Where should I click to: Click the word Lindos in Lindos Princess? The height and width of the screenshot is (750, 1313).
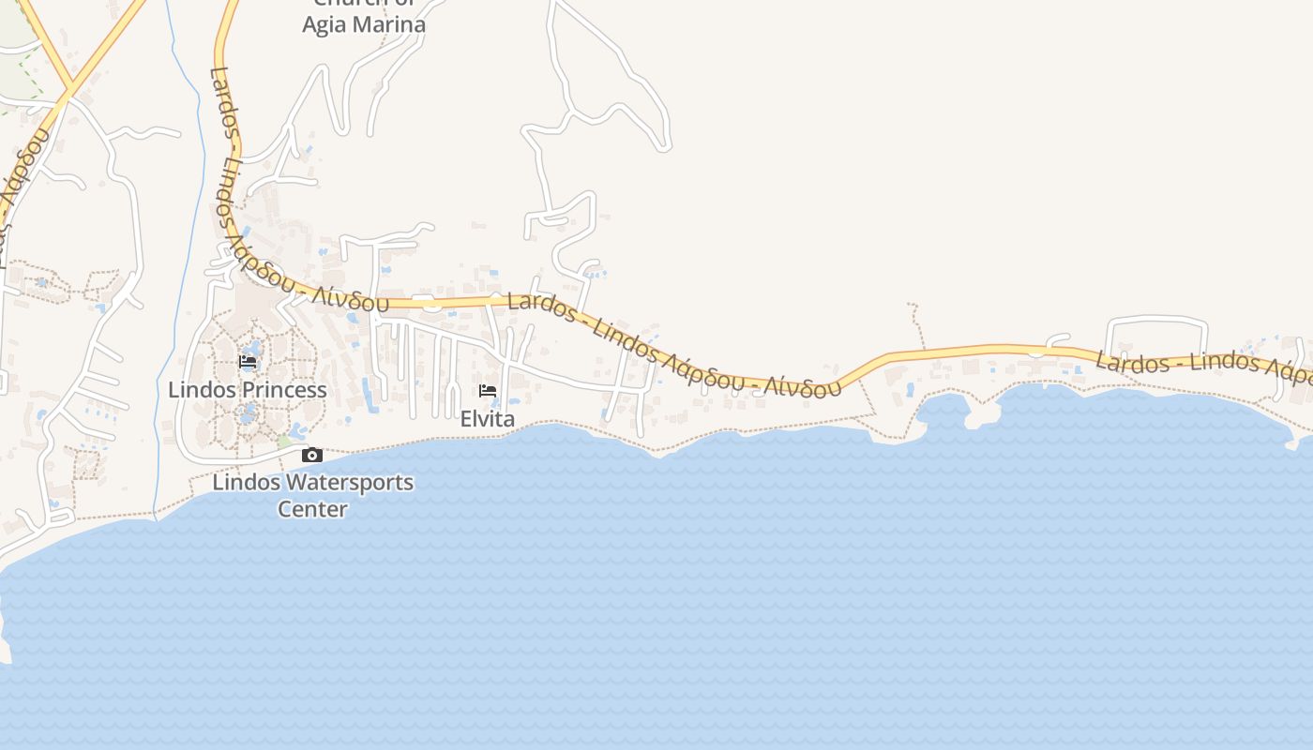[x=200, y=390]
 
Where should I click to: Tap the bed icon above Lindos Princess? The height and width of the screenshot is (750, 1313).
[x=248, y=362]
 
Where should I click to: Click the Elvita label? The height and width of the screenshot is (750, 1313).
[x=487, y=419]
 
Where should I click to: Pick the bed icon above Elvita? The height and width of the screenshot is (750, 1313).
[x=488, y=391]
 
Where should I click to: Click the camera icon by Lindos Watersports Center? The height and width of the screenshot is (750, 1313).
[x=312, y=456]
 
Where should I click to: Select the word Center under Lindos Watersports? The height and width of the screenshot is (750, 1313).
[x=312, y=510]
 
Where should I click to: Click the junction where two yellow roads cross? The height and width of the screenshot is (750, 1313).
[x=69, y=91]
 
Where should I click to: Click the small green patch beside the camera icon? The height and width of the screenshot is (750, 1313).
[x=283, y=441]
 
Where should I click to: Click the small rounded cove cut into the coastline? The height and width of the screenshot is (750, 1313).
[x=943, y=413]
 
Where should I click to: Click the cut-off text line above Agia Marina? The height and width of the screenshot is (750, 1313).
[x=364, y=4]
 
